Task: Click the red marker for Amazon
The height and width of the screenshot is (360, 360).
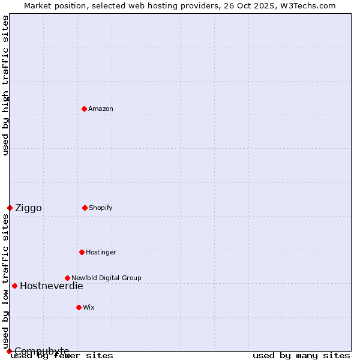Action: tap(84, 109)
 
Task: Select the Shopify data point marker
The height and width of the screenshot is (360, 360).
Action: tap(85, 208)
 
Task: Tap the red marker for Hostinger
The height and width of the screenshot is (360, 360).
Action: tap(82, 252)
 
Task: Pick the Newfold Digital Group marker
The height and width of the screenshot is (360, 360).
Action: tap(67, 278)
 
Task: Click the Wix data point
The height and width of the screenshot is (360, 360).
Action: tap(79, 307)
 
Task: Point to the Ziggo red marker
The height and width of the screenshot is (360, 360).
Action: tap(10, 208)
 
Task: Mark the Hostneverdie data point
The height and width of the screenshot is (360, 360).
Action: tap(14, 286)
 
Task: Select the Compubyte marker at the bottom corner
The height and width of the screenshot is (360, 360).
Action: tap(9, 351)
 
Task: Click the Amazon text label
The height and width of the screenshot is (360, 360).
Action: tap(101, 109)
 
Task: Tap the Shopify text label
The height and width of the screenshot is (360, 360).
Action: tap(101, 208)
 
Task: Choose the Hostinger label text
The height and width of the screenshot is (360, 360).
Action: tap(101, 252)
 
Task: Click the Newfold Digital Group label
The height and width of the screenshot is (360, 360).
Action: tap(106, 278)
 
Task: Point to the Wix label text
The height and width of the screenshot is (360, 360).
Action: tap(89, 307)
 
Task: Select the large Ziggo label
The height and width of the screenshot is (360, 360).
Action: tap(28, 208)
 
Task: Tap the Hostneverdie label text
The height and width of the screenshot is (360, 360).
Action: tap(52, 286)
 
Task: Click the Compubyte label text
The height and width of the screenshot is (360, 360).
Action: tap(42, 351)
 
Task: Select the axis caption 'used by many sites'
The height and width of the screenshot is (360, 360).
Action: tap(301, 356)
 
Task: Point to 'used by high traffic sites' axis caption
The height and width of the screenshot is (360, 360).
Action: tap(5, 85)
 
